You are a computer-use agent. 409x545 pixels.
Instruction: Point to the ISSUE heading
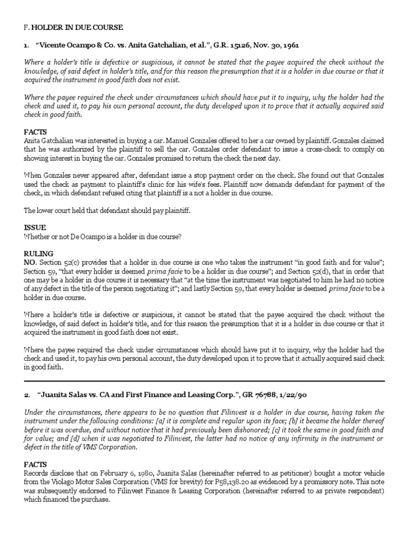pyautogui.click(x=35, y=225)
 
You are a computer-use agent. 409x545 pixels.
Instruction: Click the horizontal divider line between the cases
pyautogui.click(x=204, y=381)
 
